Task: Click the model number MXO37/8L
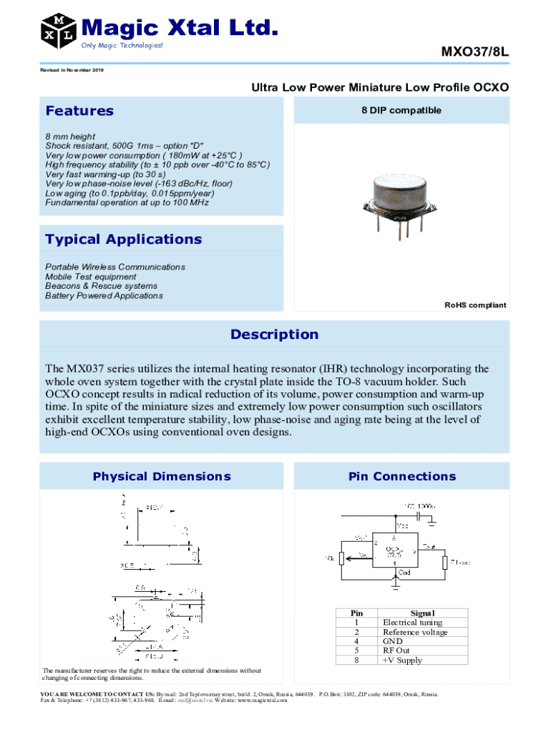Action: click(474, 52)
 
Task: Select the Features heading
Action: click(79, 111)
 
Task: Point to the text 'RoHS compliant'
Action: click(475, 305)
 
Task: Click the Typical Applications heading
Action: click(123, 239)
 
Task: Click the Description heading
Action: click(275, 335)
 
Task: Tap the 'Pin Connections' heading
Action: click(401, 476)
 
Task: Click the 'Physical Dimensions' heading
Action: click(162, 476)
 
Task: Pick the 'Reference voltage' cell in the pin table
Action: click(415, 632)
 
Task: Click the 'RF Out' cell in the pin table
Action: click(396, 651)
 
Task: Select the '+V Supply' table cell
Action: click(402, 660)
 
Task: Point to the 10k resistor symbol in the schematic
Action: click(342, 558)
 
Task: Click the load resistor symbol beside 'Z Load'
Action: click(444, 562)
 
